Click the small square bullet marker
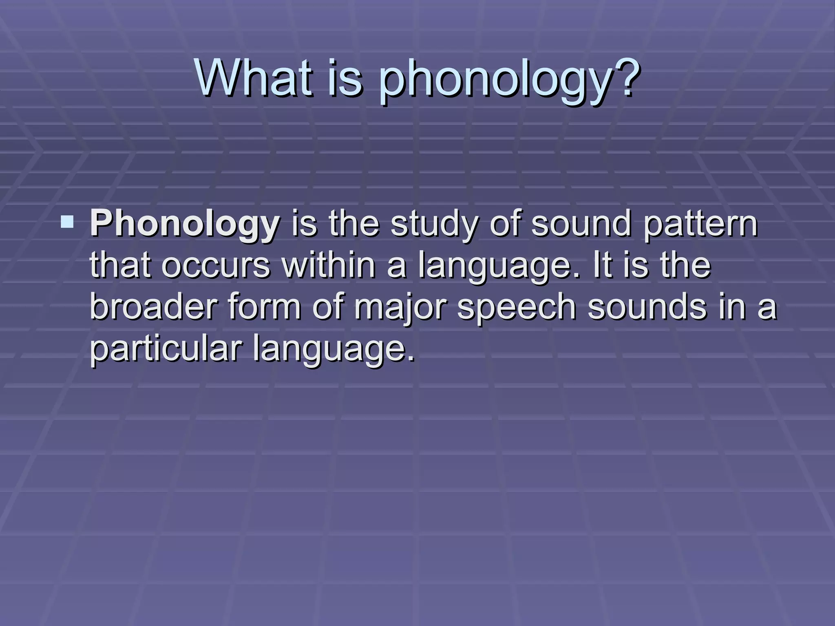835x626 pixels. [x=67, y=222]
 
